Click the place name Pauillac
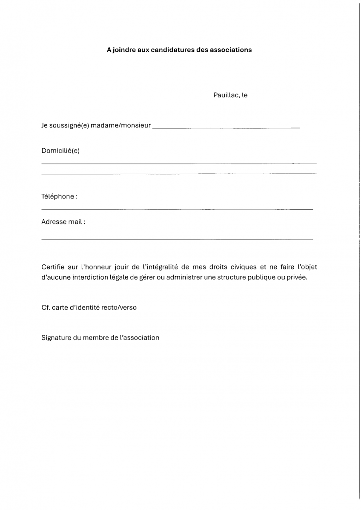coord(226,95)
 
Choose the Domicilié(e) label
coord(60,150)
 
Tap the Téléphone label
coord(59,197)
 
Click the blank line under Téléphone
coord(177,209)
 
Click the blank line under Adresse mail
coord(177,240)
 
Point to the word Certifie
coord(53,267)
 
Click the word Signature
coord(56,338)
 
